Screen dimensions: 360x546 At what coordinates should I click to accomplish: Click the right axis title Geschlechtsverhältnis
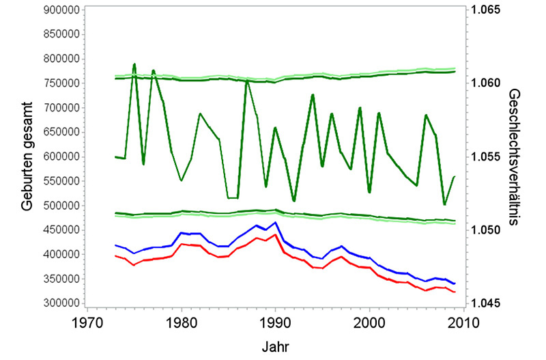point(517,156)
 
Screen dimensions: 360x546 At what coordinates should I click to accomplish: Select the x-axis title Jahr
point(275,346)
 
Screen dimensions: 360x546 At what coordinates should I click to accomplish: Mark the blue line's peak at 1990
point(275,222)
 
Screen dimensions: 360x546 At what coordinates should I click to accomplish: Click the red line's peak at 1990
point(275,234)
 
